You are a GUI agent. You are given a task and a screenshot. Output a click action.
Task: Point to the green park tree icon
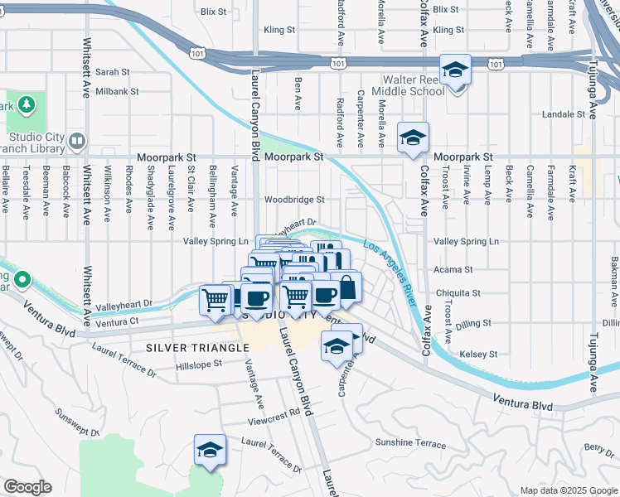pyautogui.click(x=26, y=104)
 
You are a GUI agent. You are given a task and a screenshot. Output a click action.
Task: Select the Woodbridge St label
pyautogui.click(x=294, y=200)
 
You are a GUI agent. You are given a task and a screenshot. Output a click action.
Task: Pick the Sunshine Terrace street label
pyautogui.click(x=410, y=443)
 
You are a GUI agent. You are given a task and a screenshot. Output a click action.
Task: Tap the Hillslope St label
pyautogui.click(x=199, y=364)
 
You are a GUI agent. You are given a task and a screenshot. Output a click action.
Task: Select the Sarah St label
pyautogui.click(x=113, y=72)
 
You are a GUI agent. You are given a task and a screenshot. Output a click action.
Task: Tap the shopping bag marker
pyautogui.click(x=347, y=288)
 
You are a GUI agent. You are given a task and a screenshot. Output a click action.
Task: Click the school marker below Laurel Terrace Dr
pyautogui.click(x=210, y=451)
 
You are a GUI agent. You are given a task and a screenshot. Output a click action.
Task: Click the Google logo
pyautogui.click(x=27, y=487)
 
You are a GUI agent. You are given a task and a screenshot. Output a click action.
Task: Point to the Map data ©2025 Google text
pyautogui.click(x=568, y=490)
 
